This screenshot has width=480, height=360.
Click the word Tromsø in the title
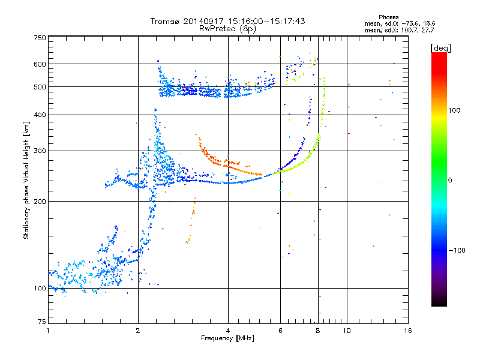coord(166,21)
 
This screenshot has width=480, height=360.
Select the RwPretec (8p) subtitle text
coord(227,29)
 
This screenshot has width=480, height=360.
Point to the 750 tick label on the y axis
coord(40,38)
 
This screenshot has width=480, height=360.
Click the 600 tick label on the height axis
coord(40,64)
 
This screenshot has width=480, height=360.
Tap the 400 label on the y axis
coord(40,115)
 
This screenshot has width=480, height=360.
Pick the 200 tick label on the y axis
coord(40,202)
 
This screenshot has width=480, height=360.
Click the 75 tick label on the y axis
coord(42,322)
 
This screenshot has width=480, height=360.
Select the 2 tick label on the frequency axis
coord(138,331)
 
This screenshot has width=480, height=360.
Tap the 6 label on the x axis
coord(280,331)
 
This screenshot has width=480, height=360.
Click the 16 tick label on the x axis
coord(408,331)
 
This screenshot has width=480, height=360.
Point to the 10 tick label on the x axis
coord(347,331)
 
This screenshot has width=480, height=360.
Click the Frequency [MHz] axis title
coord(227,338)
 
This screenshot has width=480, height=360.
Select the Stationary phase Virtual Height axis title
coord(26,181)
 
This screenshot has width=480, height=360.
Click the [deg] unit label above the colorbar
coord(440,48)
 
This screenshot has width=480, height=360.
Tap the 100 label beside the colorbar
coord(454,110)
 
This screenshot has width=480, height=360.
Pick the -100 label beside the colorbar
coord(457,250)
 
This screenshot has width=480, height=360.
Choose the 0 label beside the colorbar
coord(450,181)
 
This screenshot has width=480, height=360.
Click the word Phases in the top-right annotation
coord(389,17)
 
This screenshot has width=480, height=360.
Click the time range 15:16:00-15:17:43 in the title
coord(266,21)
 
